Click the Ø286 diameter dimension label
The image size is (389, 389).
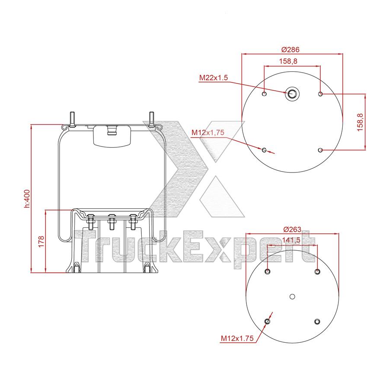(x=290, y=50)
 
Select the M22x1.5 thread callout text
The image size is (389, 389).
(x=214, y=78)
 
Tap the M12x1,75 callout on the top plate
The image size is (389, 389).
(x=207, y=133)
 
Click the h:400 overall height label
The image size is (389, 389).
(x=27, y=198)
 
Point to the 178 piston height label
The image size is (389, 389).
(x=41, y=241)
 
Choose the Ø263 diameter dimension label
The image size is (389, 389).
(x=292, y=229)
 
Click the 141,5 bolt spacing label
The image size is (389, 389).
(x=291, y=240)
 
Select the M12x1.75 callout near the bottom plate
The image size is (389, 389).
(x=237, y=338)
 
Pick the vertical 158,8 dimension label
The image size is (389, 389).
(x=360, y=122)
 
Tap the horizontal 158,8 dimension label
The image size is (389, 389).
(x=288, y=61)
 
